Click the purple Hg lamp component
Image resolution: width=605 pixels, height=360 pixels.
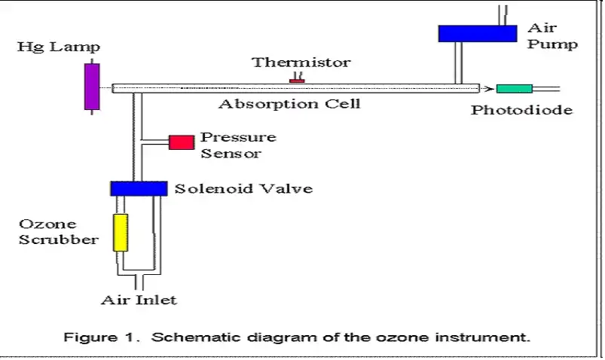pyautogui.click(x=92, y=86)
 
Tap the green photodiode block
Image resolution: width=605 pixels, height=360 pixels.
pyautogui.click(x=514, y=89)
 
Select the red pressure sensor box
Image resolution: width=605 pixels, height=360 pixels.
pyautogui.click(x=181, y=142)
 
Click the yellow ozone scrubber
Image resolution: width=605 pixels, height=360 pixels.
pyautogui.click(x=120, y=232)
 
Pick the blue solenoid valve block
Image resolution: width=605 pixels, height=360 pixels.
pyautogui.click(x=139, y=188)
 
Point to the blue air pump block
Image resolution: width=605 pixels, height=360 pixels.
pyautogui.click(x=478, y=33)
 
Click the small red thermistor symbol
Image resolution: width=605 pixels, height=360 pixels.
pyautogui.click(x=297, y=80)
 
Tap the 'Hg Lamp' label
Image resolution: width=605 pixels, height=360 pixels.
pyautogui.click(x=60, y=47)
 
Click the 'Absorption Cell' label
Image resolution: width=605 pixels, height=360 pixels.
pyautogui.click(x=289, y=104)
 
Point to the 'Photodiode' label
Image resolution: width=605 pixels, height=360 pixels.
pyautogui.click(x=521, y=110)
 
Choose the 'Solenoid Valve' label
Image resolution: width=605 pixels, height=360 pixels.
pyautogui.click(x=243, y=188)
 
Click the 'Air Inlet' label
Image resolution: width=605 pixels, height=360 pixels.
pyautogui.click(x=139, y=300)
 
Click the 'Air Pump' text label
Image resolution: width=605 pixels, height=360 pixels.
pyautogui.click(x=552, y=36)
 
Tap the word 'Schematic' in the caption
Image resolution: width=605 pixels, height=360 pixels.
pyautogui.click(x=186, y=337)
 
